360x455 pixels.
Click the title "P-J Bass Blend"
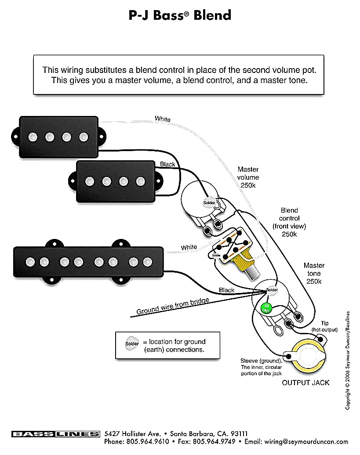tap(180, 15)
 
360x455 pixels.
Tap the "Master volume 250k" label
tap(248, 177)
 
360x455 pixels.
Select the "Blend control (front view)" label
tap(289, 222)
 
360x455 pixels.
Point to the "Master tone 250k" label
tap(314, 273)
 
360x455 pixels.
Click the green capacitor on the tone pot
tap(265, 308)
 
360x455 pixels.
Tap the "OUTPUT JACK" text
tap(305, 383)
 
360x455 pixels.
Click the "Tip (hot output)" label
tap(324, 326)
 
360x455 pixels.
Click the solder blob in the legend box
tap(131, 343)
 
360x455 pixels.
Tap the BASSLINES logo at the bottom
tap(55, 434)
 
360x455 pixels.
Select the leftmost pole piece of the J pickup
tap(30, 262)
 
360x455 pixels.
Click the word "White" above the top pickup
tap(162, 119)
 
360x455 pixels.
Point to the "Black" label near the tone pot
tap(226, 290)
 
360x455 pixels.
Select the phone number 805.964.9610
tap(148, 441)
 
